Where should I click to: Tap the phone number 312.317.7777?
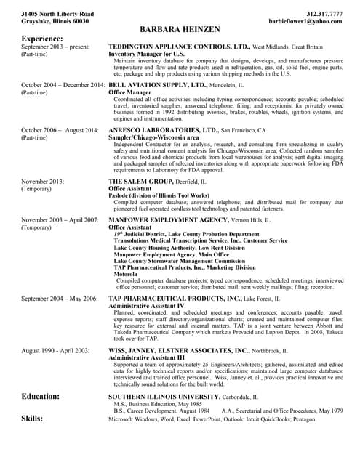320,14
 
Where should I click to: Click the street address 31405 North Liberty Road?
57,14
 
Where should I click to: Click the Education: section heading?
41,397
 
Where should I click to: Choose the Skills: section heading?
32,418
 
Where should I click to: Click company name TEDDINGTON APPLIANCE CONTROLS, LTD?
179,46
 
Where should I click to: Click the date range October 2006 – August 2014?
60,130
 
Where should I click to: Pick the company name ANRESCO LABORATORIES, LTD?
164,130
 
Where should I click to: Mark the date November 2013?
43,181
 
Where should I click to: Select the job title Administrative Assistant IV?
146,306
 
